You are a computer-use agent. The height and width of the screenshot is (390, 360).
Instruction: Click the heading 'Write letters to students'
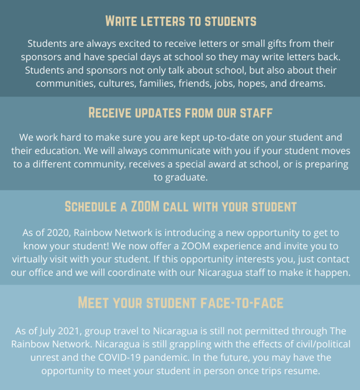[180, 21]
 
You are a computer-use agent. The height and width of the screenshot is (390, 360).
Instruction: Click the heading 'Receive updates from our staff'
[180, 113]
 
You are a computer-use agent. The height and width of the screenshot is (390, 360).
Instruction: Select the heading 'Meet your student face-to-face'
[180, 303]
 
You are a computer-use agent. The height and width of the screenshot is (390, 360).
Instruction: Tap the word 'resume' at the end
[302, 371]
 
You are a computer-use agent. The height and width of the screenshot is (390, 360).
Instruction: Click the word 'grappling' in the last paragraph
[185, 344]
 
